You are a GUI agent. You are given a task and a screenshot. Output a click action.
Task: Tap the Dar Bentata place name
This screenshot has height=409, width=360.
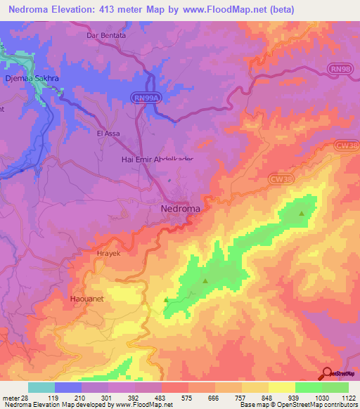click(105, 34)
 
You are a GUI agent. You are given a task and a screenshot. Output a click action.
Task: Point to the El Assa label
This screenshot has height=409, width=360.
click(109, 133)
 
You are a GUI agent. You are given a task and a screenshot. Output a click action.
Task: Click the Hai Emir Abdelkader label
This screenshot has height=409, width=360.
click(153, 160)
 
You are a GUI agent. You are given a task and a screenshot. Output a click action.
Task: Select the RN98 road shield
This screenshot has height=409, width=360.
click(340, 67)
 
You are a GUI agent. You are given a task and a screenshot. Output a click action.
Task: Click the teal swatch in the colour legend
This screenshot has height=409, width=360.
click(41, 387)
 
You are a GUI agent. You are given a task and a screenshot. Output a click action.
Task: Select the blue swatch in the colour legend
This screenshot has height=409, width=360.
click(67, 387)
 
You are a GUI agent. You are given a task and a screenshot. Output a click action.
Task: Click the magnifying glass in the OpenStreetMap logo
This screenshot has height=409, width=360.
click(328, 374)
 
